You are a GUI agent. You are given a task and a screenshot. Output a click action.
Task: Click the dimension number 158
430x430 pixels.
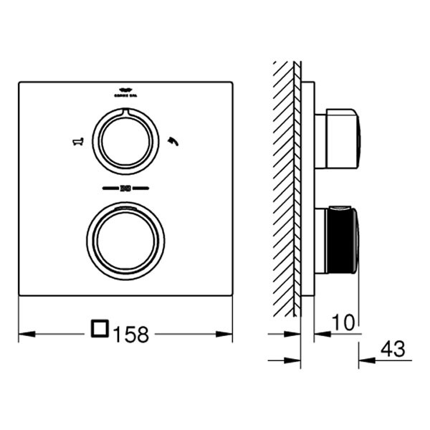coord(130,333)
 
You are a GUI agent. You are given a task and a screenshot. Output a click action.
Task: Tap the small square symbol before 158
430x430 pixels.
coord(100,331)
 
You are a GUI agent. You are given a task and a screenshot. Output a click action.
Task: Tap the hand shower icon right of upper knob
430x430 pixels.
coord(172,140)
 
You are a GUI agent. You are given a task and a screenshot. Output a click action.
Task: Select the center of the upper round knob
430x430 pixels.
coord(125,140)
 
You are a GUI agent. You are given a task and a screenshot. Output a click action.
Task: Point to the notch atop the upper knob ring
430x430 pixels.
coord(125,111)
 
